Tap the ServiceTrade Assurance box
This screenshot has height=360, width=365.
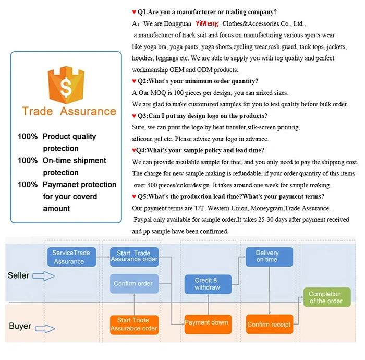pos(71,257)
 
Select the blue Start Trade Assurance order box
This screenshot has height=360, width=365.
pos(134,256)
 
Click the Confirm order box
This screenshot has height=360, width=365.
pos(133,284)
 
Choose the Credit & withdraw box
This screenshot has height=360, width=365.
pos(207,284)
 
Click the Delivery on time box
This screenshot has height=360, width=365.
pos(267,256)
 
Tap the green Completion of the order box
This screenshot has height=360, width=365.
pos(325,297)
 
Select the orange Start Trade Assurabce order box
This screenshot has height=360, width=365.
pos(133,324)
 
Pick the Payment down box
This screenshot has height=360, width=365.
pos(206,322)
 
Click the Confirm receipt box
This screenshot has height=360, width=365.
pos(269,324)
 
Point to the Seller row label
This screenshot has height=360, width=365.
pos(18,275)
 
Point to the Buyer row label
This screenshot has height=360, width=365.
pos(20,326)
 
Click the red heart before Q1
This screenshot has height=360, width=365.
pos(134,11)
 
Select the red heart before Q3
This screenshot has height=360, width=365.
pos(134,115)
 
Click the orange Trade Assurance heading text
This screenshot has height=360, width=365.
pos(69,111)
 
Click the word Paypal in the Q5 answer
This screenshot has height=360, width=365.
pos(143,220)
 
